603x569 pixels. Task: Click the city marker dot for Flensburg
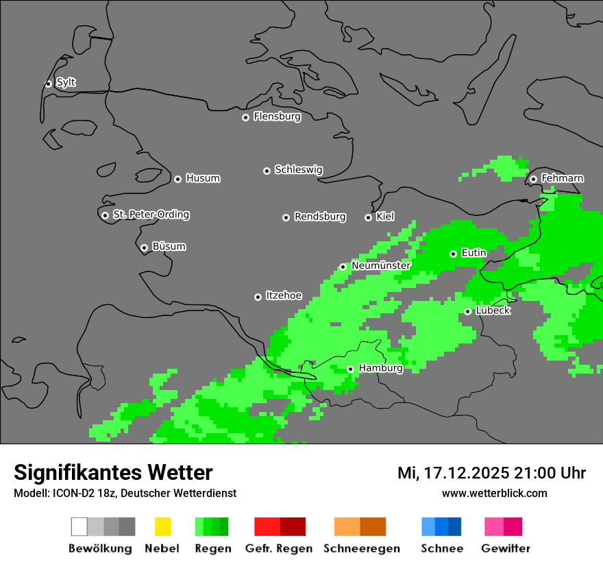pyautogui.click(x=245, y=117)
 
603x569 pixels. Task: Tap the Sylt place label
pyautogui.click(x=66, y=82)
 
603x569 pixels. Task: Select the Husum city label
pyautogui.click(x=203, y=178)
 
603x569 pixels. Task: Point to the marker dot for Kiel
pyautogui.click(x=368, y=217)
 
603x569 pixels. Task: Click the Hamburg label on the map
pyautogui.click(x=380, y=368)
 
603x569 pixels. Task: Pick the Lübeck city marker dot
pyautogui.click(x=467, y=311)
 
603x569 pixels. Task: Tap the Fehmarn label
pyautogui.click(x=562, y=178)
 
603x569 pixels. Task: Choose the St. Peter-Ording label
pyautogui.click(x=151, y=215)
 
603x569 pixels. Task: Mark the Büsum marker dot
pyautogui.click(x=144, y=247)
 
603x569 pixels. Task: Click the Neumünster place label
pyautogui.click(x=381, y=265)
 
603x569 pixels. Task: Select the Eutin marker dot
pyautogui.click(x=453, y=254)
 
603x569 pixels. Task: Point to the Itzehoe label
pyautogui.click(x=284, y=295)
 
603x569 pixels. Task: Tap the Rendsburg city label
pyautogui.click(x=320, y=217)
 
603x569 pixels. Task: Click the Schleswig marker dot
pyautogui.click(x=267, y=171)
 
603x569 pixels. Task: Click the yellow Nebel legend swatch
pyautogui.click(x=162, y=526)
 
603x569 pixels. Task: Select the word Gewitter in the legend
pyautogui.click(x=506, y=548)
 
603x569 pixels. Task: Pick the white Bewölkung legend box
pyautogui.click(x=79, y=526)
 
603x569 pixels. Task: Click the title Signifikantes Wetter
pyautogui.click(x=113, y=472)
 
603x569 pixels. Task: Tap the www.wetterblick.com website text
pyautogui.click(x=494, y=493)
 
